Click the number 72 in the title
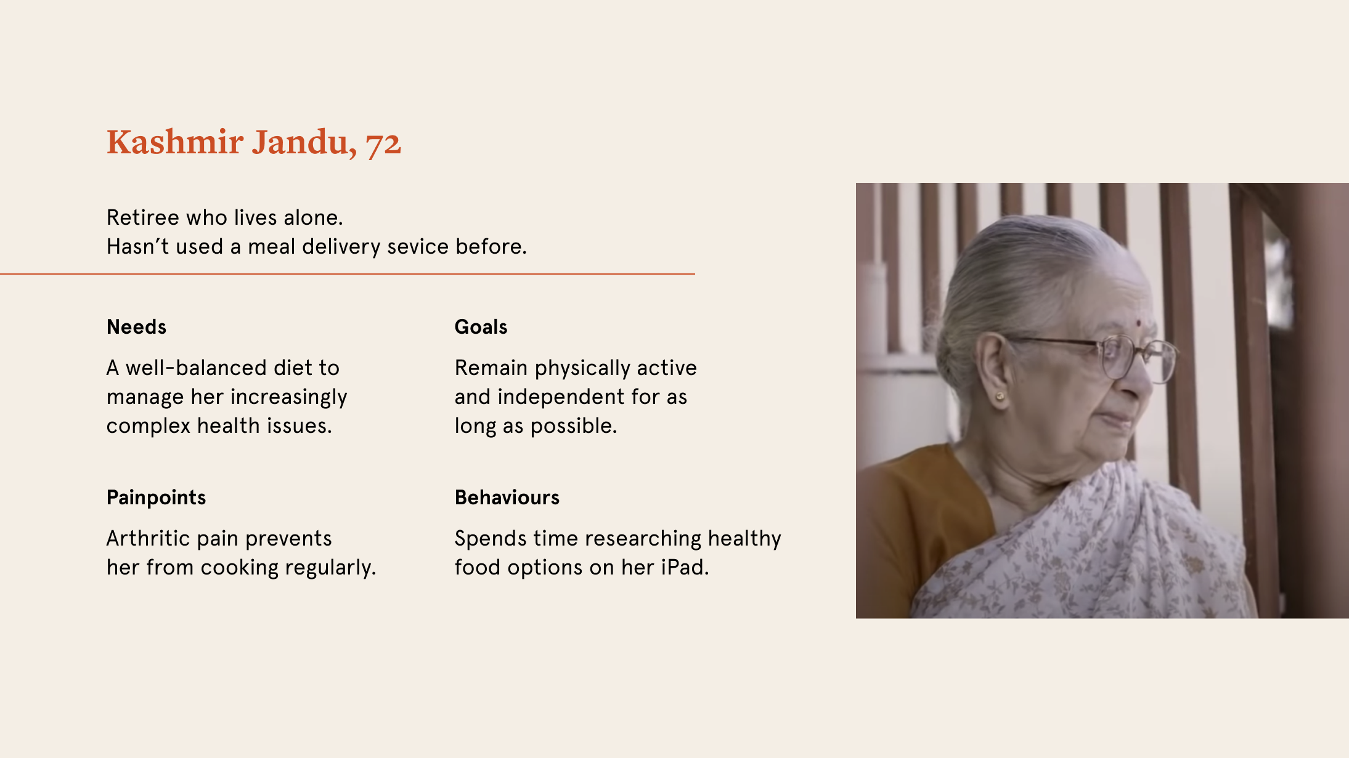point(383,143)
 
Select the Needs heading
point(136,327)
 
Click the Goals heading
point(481,327)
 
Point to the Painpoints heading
point(156,498)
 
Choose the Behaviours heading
point(507,498)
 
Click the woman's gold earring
point(1000,396)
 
